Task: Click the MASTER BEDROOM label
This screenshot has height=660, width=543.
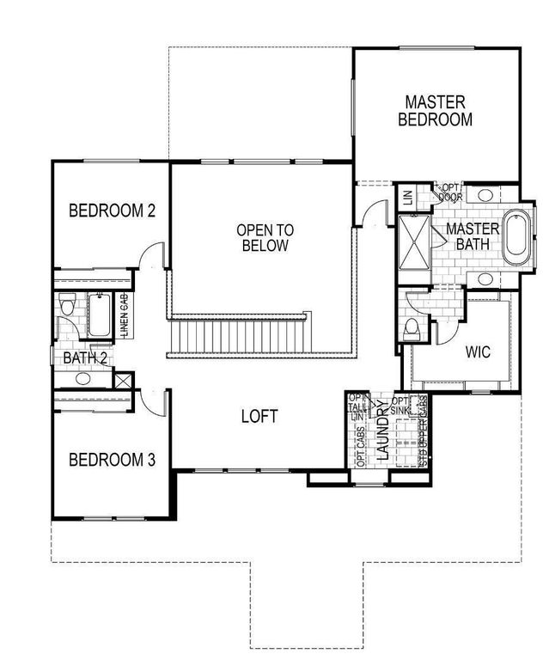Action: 435,111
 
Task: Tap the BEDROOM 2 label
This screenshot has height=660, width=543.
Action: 112,210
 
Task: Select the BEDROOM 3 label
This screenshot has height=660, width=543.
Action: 112,459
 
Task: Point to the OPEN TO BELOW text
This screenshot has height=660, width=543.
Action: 265,238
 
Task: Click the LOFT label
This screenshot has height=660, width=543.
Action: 259,417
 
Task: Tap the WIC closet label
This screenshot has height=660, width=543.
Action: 478,351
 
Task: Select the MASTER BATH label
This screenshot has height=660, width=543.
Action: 472,236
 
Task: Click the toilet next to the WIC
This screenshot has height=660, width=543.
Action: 412,327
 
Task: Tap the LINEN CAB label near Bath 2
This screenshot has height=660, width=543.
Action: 125,315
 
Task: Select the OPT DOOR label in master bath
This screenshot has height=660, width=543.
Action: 452,192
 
